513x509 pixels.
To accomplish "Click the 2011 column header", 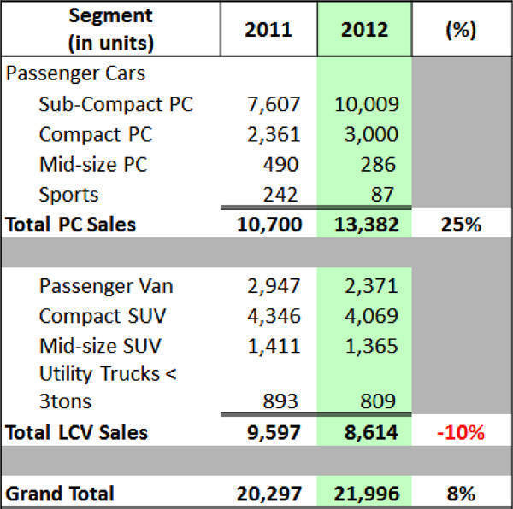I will tap(268, 31).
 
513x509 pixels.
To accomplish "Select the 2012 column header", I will tap(364, 31).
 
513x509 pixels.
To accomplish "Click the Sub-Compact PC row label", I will tap(116, 104).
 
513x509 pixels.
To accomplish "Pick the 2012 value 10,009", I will tap(365, 104).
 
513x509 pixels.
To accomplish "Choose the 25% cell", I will tap(462, 225).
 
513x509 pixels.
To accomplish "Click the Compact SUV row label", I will tap(103, 315).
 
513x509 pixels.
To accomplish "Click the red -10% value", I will tap(462, 432).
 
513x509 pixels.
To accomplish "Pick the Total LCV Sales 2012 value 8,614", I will tap(365, 432).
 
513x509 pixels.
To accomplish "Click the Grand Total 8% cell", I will tap(462, 493).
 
